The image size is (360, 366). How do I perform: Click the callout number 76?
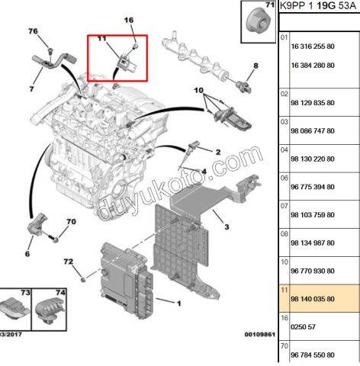click(33, 31)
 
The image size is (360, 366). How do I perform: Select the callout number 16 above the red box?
click(129, 20)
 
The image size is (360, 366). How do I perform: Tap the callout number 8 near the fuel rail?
click(256, 66)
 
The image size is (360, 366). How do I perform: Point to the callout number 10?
click(199, 90)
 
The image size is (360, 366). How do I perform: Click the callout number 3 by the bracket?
click(227, 226)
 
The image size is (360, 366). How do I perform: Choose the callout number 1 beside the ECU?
click(179, 303)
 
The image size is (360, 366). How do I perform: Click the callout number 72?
click(68, 262)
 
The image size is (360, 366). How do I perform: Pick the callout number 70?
click(71, 222)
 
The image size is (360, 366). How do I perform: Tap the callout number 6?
click(27, 254)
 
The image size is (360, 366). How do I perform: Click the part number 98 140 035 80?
click(313, 299)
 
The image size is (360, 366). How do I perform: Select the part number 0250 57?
click(303, 327)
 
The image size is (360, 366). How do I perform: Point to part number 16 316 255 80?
click(313, 47)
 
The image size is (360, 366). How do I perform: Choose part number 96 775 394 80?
click(313, 187)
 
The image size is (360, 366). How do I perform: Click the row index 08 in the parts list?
click(284, 234)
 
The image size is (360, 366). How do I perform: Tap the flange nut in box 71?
click(257, 21)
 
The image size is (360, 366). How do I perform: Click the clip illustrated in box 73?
click(14, 310)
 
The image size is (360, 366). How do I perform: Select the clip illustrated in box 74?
click(50, 310)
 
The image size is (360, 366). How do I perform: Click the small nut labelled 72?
click(83, 280)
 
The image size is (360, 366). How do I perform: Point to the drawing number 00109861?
click(260, 334)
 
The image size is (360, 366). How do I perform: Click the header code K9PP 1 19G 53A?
click(318, 6)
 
